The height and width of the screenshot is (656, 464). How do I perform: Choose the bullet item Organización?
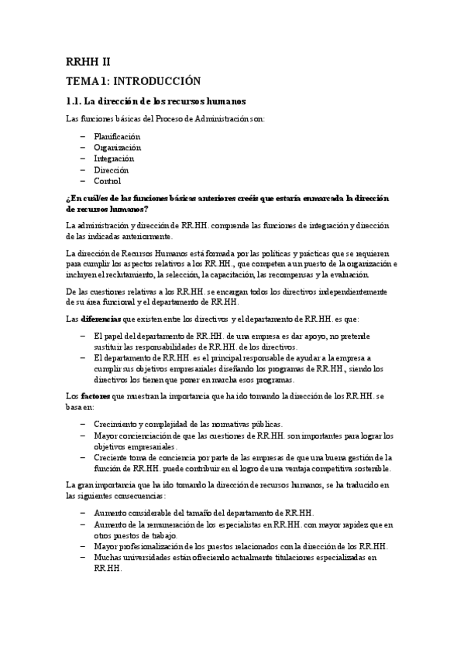(x=117, y=147)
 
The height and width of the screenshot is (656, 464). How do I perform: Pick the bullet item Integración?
(x=114, y=159)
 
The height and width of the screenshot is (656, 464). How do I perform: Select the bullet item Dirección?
(x=111, y=169)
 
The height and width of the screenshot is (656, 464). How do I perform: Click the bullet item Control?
(x=107, y=181)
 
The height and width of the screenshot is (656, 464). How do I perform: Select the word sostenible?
(x=368, y=468)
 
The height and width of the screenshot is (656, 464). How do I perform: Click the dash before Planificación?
(x=82, y=136)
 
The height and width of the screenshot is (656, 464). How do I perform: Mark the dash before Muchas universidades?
(x=82, y=557)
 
